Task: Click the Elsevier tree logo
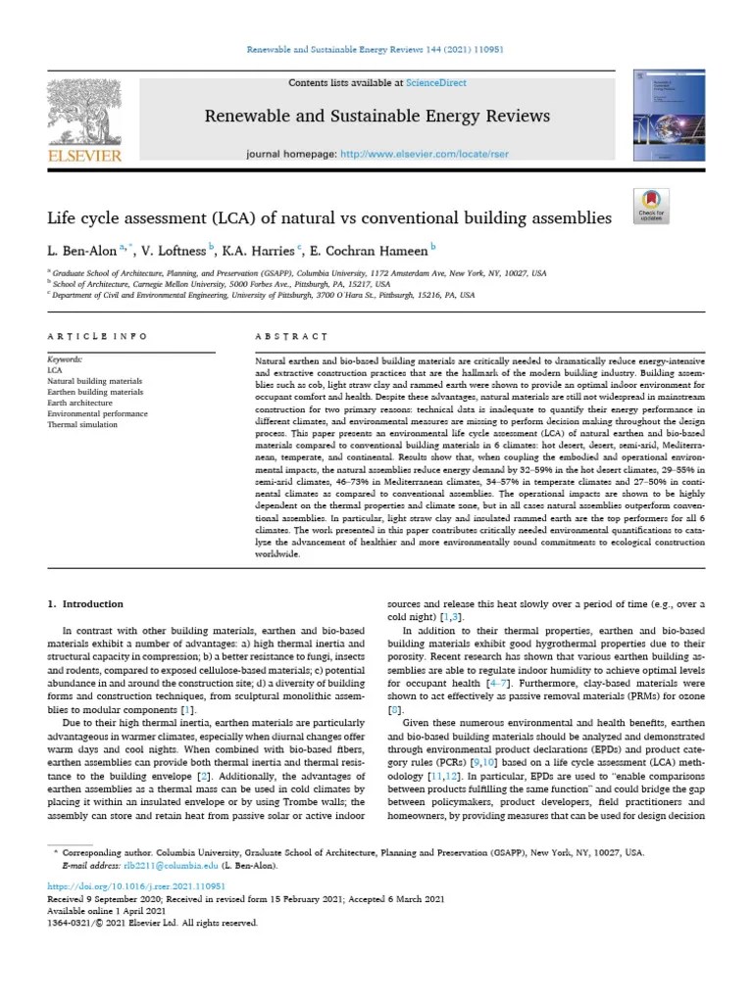pyautogui.click(x=84, y=111)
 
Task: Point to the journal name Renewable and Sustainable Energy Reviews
pyautogui.click(x=376, y=117)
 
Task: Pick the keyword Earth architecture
pyautogui.click(x=79, y=403)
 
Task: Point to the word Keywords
pyautogui.click(x=65, y=360)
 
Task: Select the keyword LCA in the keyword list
pyautogui.click(x=55, y=371)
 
